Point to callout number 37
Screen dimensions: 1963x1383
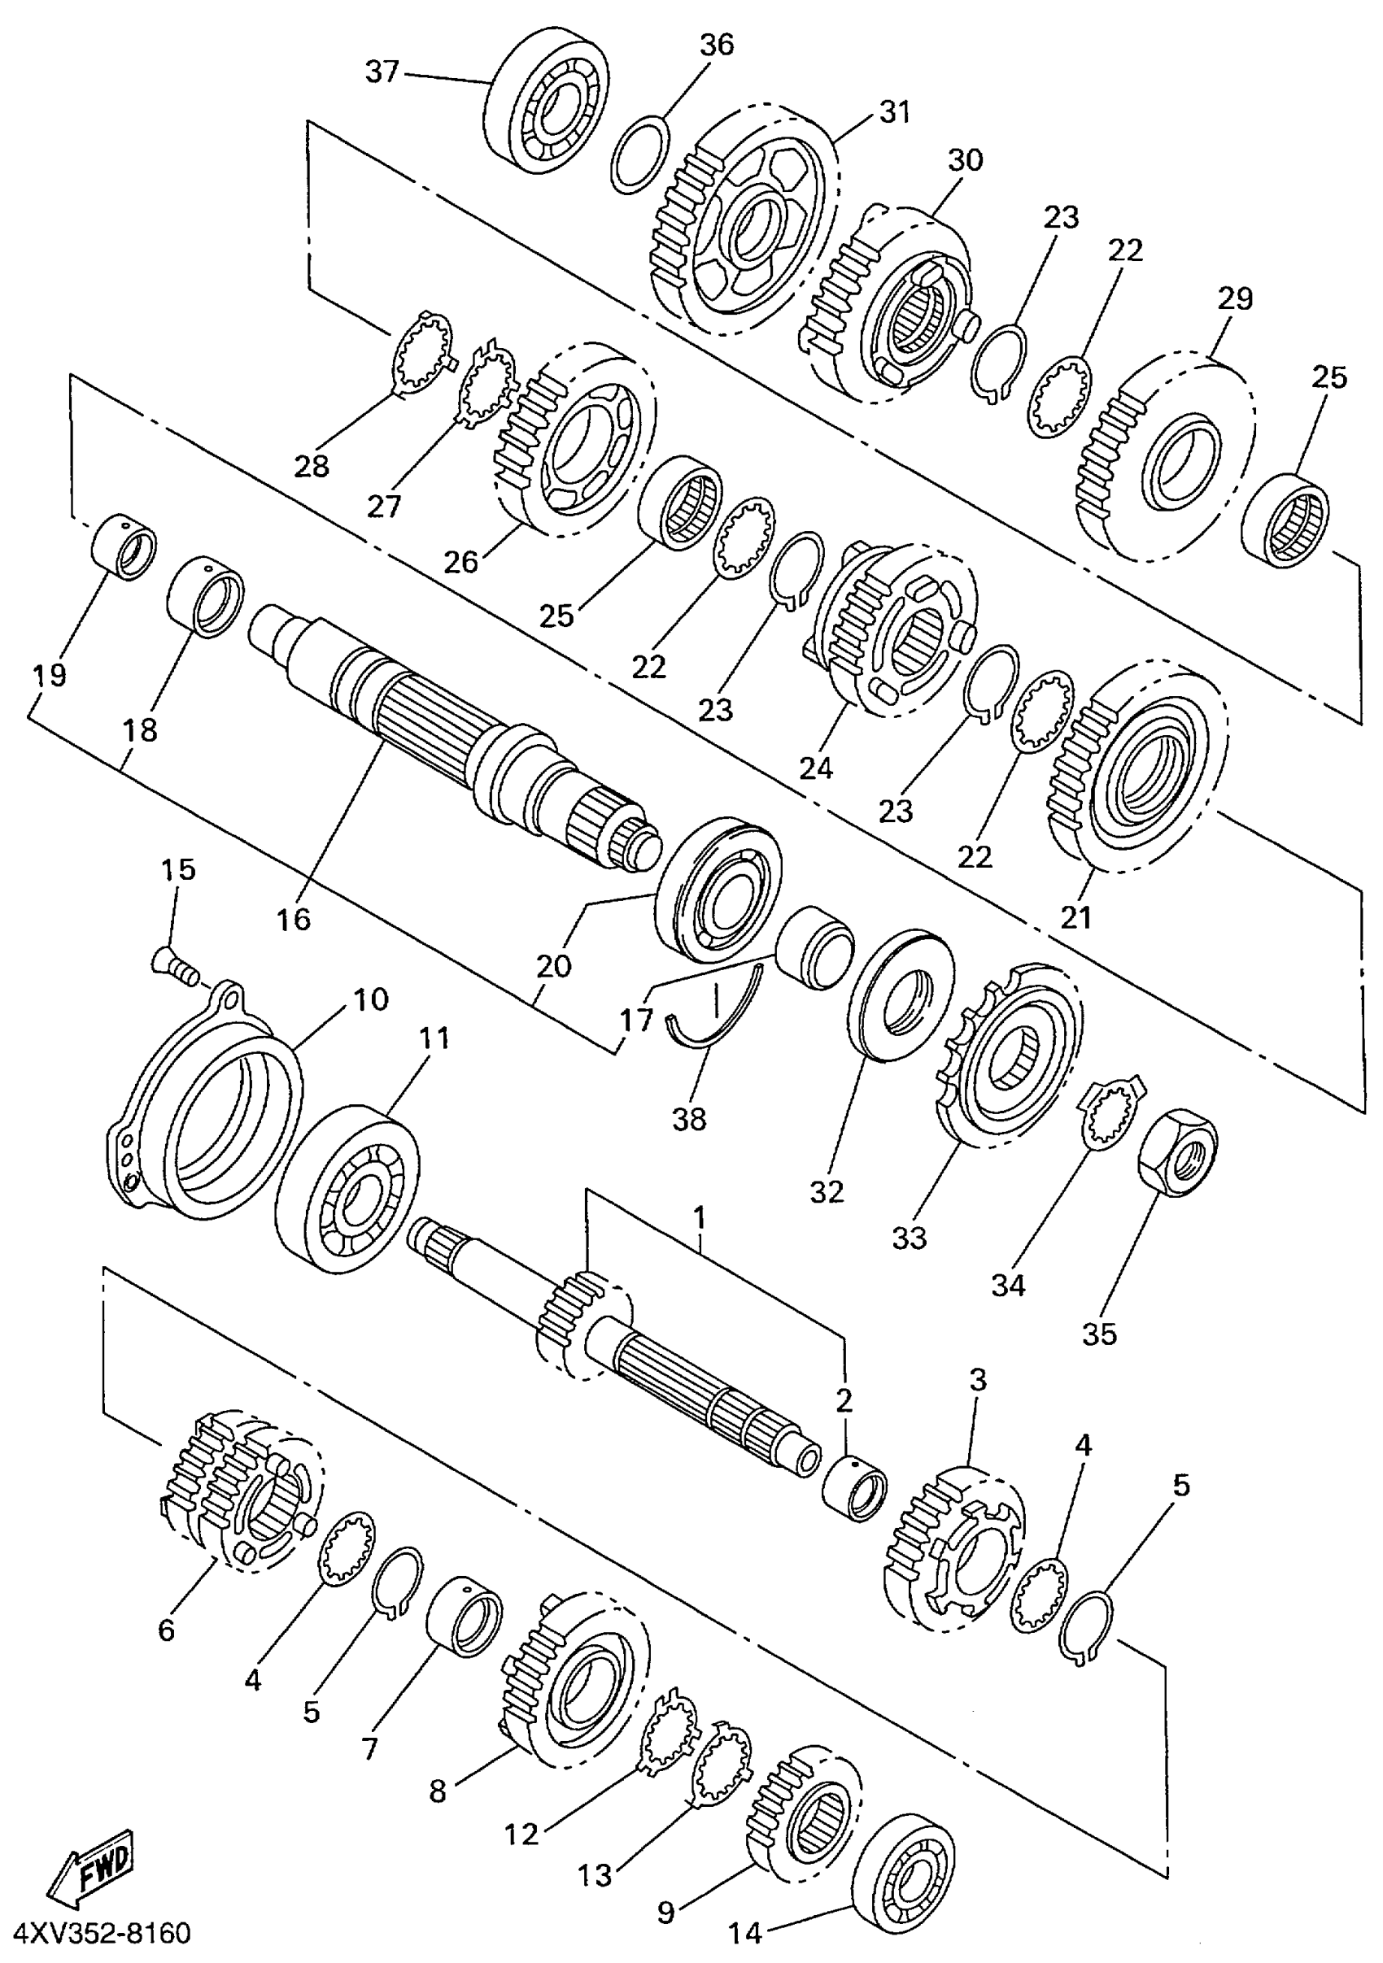[x=382, y=72]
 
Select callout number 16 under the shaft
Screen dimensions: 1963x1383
[x=294, y=919]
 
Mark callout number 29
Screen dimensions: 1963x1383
[x=1233, y=298]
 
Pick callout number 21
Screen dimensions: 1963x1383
[x=1076, y=917]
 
